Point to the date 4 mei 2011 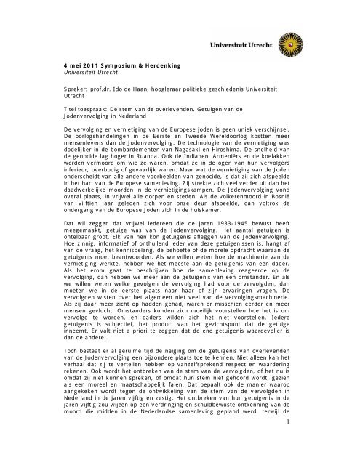[x=77, y=61]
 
